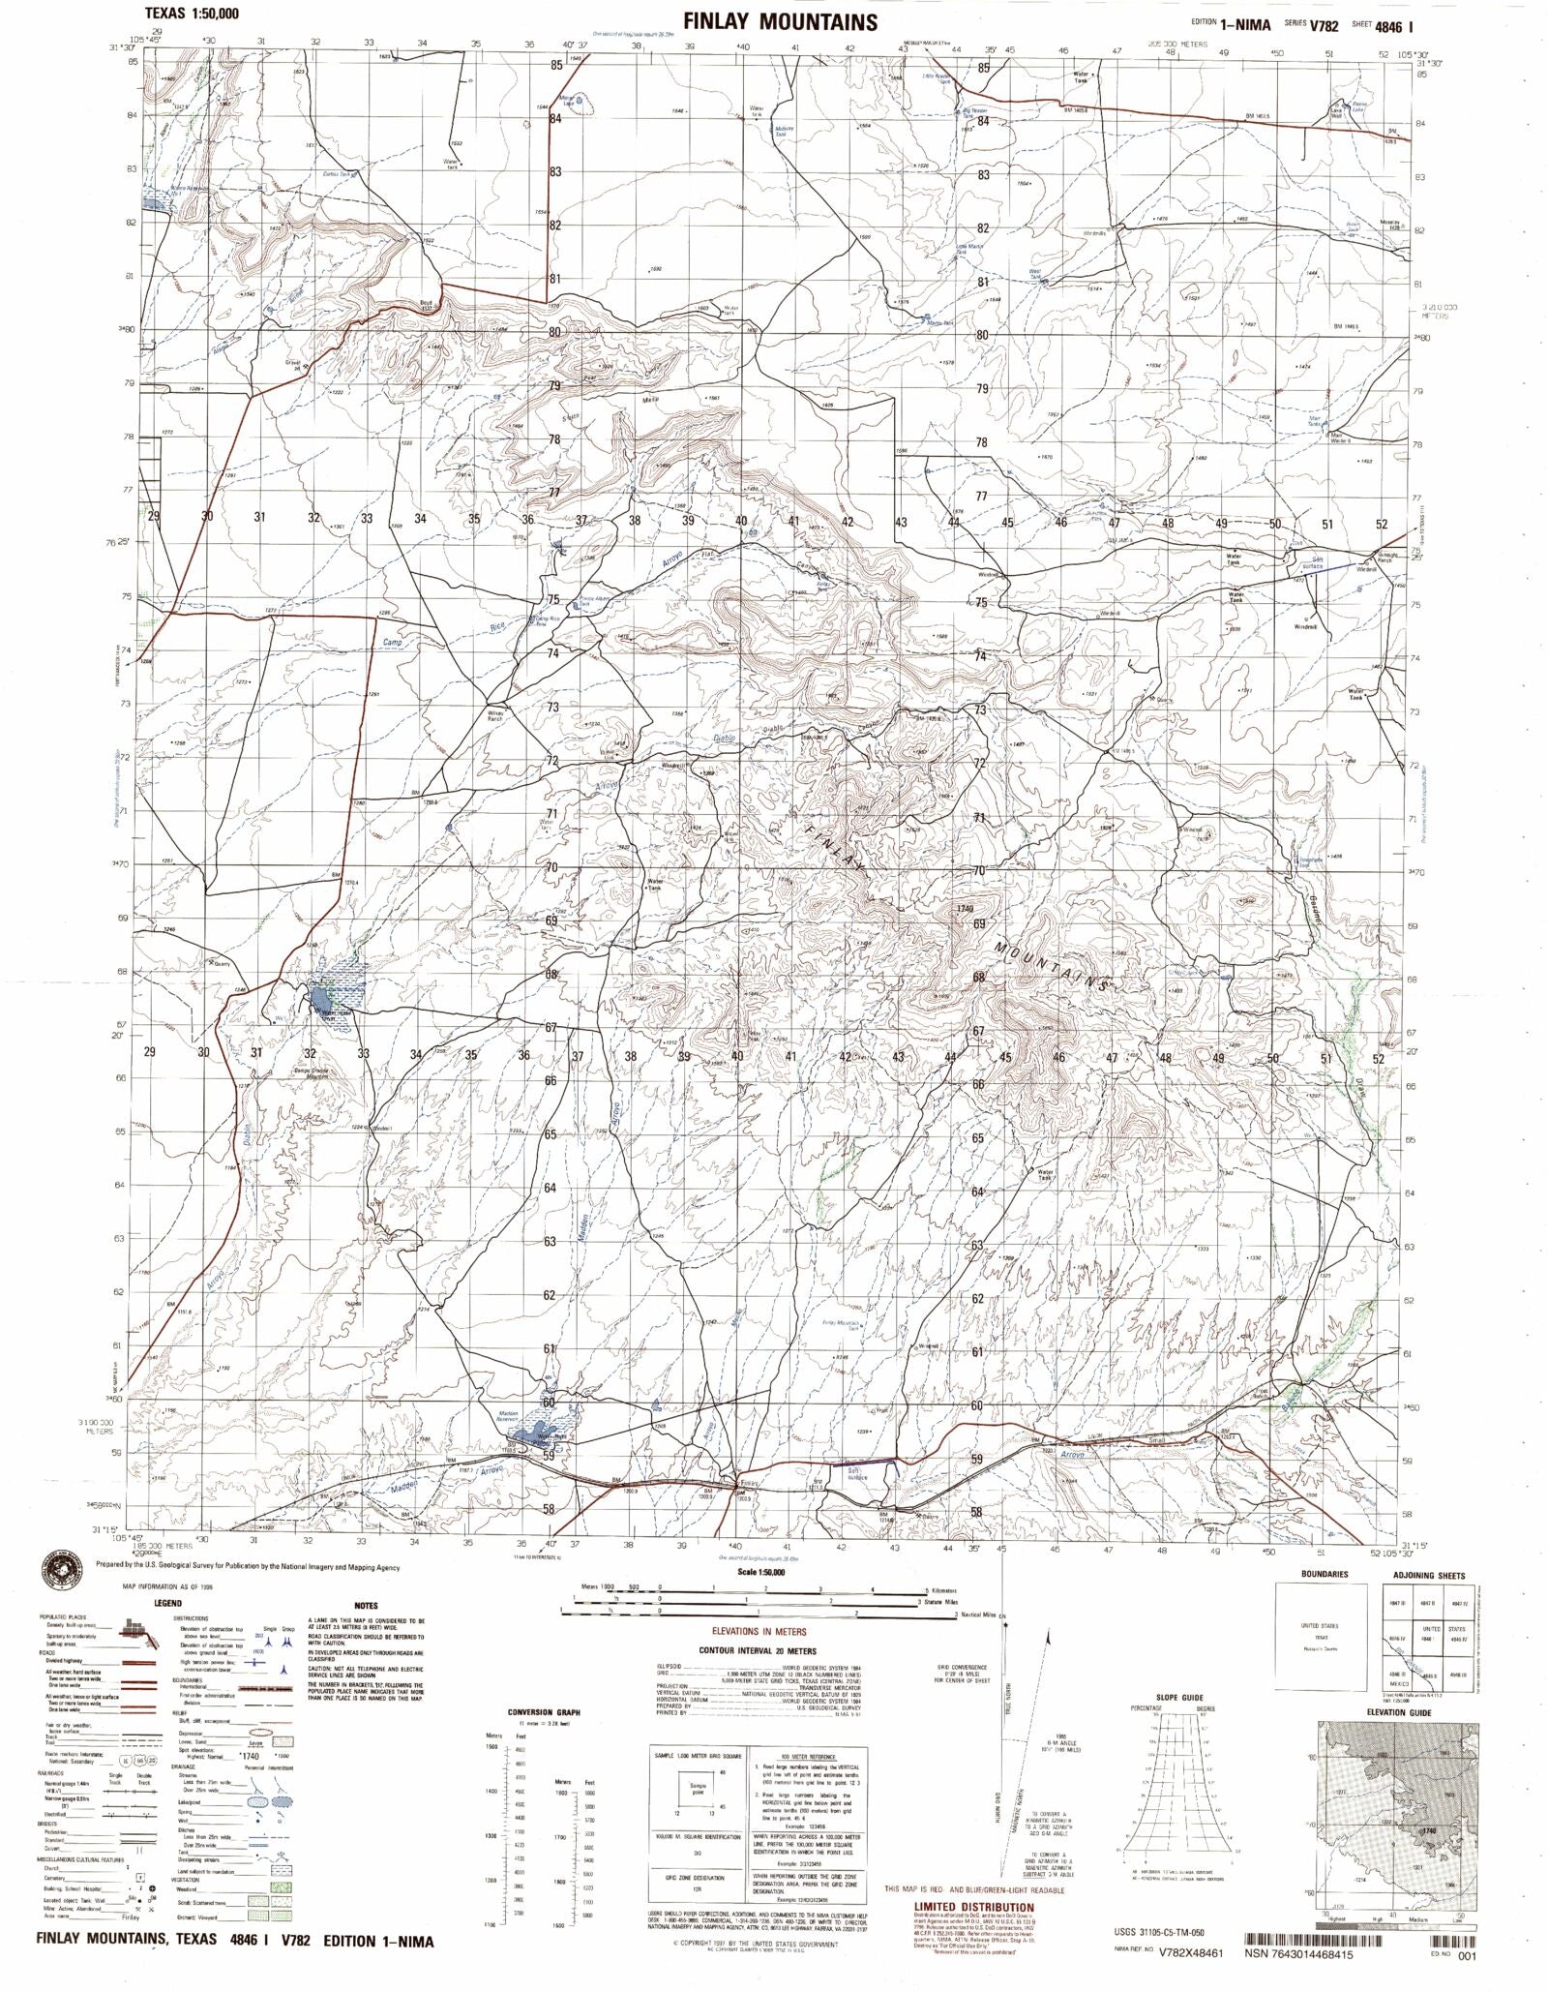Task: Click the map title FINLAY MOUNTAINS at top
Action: (780, 21)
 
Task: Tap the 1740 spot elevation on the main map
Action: (963, 909)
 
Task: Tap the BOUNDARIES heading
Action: (1325, 1575)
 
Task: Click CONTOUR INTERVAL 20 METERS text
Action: (757, 1650)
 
